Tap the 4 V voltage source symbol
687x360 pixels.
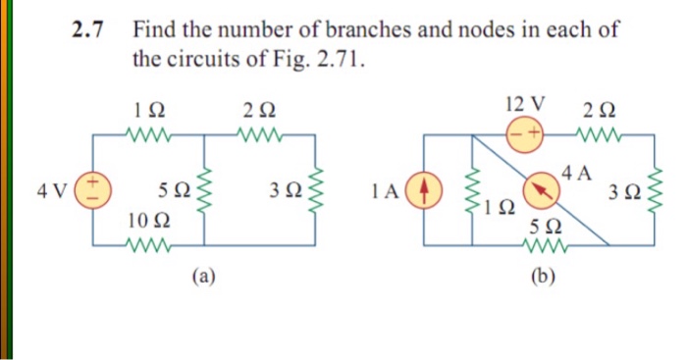point(94,187)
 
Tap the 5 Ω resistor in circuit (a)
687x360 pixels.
point(204,187)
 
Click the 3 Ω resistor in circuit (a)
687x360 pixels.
point(315,187)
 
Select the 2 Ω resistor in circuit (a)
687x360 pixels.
point(260,132)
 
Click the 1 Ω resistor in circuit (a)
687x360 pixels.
point(149,132)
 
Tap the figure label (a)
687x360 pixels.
point(203,278)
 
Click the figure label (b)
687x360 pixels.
point(541,278)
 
